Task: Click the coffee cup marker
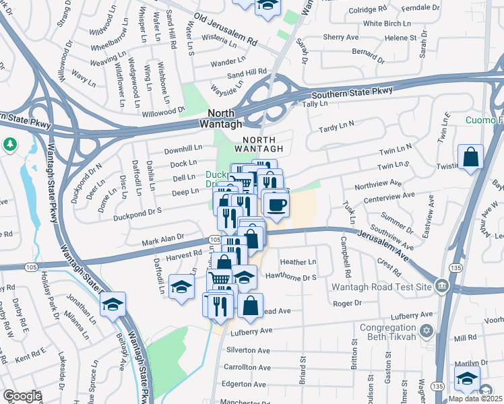[x=275, y=205]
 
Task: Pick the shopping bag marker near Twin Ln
[x=470, y=158]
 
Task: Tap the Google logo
[x=22, y=396]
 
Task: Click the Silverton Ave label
[x=247, y=350]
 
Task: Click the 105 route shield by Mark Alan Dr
[x=214, y=240]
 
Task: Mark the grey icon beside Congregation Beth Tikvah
[x=425, y=331]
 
